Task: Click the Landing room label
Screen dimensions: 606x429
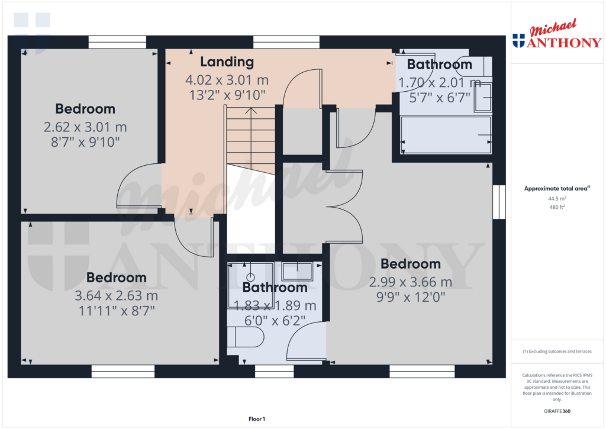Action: pos(227,62)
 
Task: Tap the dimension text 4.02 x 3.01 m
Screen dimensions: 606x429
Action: pos(227,80)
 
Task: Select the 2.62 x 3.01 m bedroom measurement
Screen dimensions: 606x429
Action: pos(85,127)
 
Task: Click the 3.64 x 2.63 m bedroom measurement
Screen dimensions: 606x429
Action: pos(117,296)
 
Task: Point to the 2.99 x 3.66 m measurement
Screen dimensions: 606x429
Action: pos(411,282)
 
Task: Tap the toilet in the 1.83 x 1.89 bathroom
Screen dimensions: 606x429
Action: pos(246,337)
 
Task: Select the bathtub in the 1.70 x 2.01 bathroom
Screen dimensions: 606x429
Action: pos(446,134)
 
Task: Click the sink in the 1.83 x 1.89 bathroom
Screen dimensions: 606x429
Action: pos(297,272)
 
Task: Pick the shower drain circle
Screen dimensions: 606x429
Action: pos(250,277)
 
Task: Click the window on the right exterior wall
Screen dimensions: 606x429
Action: pos(499,202)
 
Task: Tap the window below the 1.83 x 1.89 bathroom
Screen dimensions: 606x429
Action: pos(275,372)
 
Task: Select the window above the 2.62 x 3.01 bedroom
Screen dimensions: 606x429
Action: pos(118,42)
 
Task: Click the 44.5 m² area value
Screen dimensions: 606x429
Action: pos(557,199)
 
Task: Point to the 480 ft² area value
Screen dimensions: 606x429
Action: pos(557,207)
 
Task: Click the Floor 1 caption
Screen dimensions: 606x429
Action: pos(257,419)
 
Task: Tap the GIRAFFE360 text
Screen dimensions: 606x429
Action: pos(557,411)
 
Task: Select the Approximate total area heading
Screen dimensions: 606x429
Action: pos(557,189)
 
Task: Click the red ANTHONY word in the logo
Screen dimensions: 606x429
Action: pos(564,43)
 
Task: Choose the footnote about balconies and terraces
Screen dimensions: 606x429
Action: pos(557,351)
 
